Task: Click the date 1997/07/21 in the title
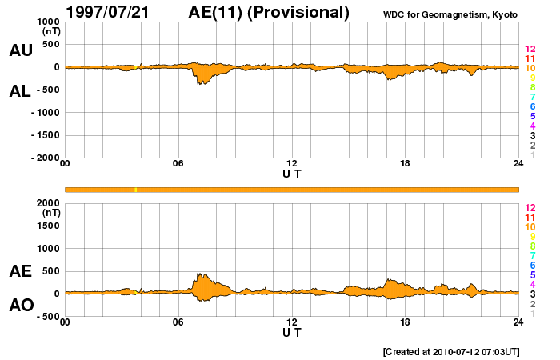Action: click(117, 12)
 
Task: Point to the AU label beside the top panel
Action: click(20, 50)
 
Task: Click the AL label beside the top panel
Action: click(20, 91)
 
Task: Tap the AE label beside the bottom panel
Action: click(20, 271)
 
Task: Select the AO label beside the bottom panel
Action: click(20, 306)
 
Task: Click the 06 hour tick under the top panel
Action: click(178, 163)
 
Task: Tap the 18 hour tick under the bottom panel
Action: click(406, 322)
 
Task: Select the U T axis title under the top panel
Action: click(292, 173)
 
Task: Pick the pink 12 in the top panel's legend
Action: click(530, 50)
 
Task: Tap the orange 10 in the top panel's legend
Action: click(530, 68)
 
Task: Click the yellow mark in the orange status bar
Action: click(136, 190)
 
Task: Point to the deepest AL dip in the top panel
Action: click(199, 83)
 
